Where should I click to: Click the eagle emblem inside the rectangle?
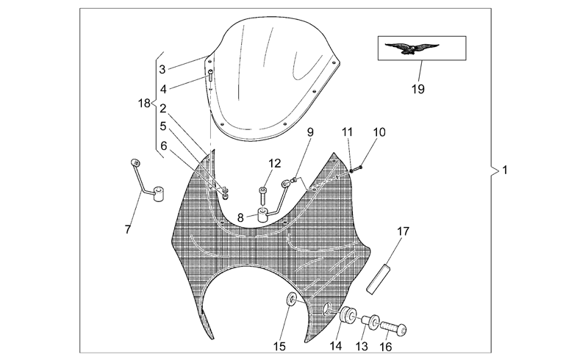[x=412, y=48]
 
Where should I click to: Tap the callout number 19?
[x=417, y=89]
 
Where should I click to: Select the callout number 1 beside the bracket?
[x=505, y=170]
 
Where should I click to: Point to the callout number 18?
[x=144, y=103]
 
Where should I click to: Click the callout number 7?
[x=128, y=229]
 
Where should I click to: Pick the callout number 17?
[x=403, y=231]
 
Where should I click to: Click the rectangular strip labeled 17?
[x=379, y=279]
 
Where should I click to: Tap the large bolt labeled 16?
[x=393, y=328]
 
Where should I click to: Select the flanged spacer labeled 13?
[x=370, y=321]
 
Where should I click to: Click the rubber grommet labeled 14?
[x=348, y=314]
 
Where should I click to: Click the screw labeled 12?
[x=263, y=195]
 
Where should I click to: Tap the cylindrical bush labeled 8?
[x=263, y=216]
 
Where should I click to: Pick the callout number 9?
[x=309, y=132]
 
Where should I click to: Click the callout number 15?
[x=279, y=347]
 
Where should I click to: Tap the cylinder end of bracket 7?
[x=159, y=195]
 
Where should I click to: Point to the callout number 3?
[x=162, y=69]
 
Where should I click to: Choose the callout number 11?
[x=347, y=132]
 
